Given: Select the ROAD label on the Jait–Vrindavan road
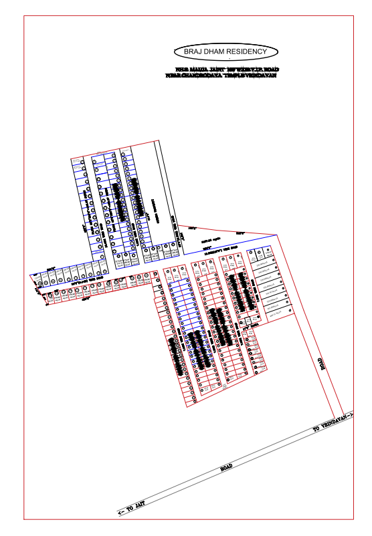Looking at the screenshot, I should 226,467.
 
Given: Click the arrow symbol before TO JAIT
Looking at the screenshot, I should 121,514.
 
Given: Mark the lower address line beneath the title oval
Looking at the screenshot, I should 221,76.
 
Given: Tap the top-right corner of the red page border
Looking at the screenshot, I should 355,15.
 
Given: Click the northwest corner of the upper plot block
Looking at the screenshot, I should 71,159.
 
